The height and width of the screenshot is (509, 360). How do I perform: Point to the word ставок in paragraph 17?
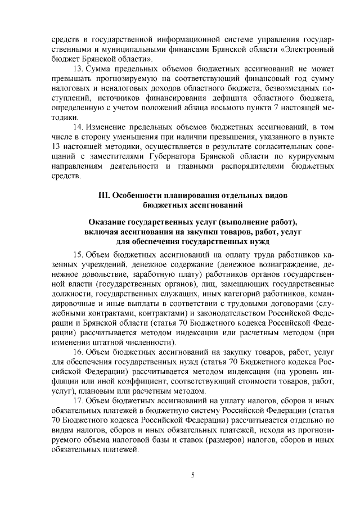(208, 440)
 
